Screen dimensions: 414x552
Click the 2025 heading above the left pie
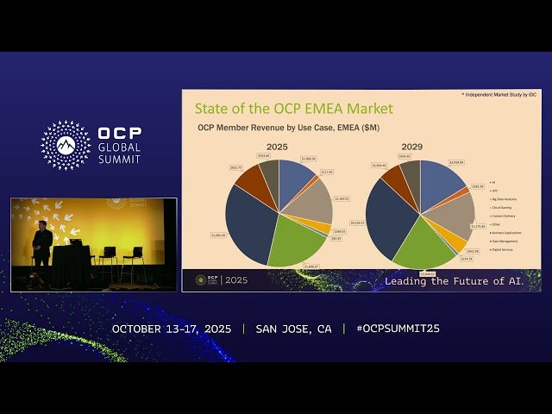click(x=276, y=147)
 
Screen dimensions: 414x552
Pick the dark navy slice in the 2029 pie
click(x=388, y=216)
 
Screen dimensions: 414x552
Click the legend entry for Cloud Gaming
click(x=503, y=208)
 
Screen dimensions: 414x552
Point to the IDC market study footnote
click(x=498, y=93)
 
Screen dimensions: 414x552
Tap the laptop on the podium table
click(x=75, y=242)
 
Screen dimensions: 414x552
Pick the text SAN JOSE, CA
click(x=293, y=329)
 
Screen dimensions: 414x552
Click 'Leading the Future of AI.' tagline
click(x=461, y=281)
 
